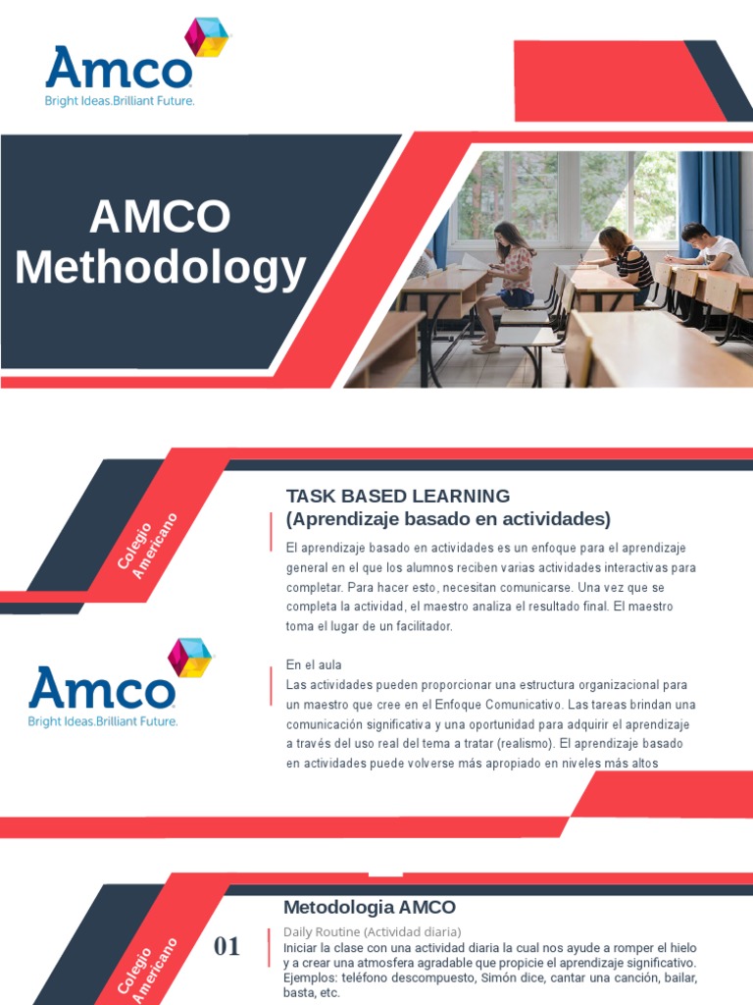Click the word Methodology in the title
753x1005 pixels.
(x=161, y=268)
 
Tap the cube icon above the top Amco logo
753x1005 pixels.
(x=207, y=37)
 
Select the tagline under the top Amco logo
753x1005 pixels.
(x=121, y=102)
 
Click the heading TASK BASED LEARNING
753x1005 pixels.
(x=398, y=496)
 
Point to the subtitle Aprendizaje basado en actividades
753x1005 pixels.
(x=448, y=518)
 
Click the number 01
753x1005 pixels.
(x=226, y=946)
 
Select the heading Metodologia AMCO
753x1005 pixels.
(x=370, y=907)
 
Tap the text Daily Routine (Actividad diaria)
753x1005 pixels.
(x=373, y=931)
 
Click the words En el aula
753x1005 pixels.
(x=314, y=664)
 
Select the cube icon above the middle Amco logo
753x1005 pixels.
(x=189, y=657)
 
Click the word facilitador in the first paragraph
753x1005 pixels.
(x=421, y=626)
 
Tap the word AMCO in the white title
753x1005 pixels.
(x=161, y=217)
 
